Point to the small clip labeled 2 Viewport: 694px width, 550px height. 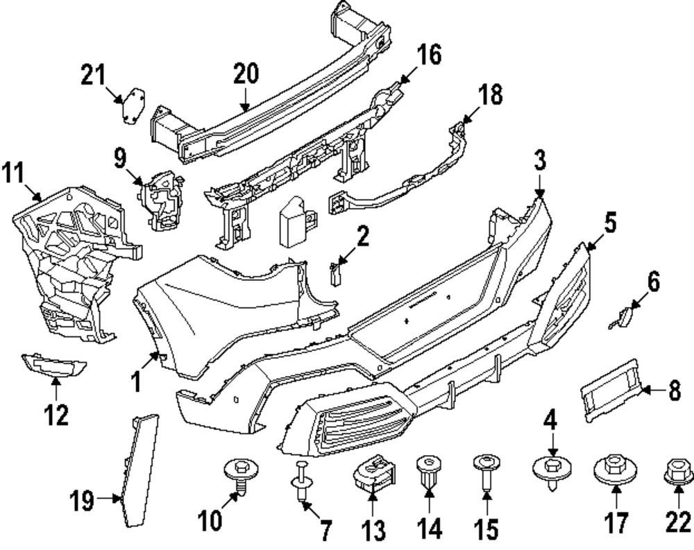337,274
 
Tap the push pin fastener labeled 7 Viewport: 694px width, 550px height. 301,479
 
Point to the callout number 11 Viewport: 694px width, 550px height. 15,171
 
